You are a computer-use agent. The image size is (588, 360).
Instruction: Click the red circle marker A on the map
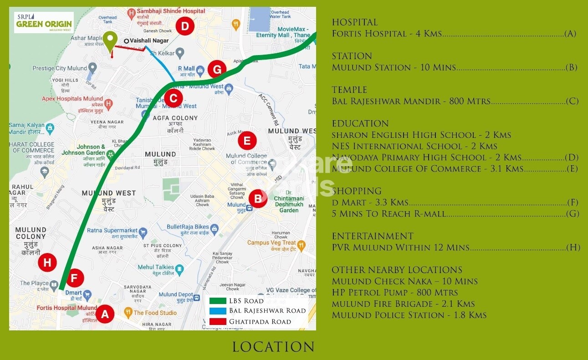click(x=105, y=314)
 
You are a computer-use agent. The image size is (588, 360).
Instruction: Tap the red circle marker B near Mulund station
click(x=258, y=198)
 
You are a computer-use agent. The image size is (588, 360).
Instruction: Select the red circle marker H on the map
click(x=47, y=262)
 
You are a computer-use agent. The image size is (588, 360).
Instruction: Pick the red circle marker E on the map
click(x=247, y=141)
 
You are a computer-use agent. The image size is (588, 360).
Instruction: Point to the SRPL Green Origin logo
click(x=44, y=22)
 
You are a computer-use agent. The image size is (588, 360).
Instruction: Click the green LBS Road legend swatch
click(x=217, y=301)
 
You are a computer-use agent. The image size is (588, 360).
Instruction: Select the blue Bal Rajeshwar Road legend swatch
click(x=217, y=311)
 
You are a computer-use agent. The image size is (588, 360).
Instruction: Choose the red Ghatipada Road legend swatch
click(x=217, y=321)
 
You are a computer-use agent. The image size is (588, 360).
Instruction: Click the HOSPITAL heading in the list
click(x=355, y=22)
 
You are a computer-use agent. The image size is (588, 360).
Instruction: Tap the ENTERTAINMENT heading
click(x=373, y=236)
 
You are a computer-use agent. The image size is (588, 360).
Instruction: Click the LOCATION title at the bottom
click(x=273, y=347)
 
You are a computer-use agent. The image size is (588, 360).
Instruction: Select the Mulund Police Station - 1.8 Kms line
click(x=409, y=315)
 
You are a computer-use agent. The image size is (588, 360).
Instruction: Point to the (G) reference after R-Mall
click(x=572, y=213)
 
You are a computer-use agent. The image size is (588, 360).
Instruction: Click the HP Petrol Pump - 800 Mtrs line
click(x=395, y=293)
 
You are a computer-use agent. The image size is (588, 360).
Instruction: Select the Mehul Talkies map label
click(x=156, y=267)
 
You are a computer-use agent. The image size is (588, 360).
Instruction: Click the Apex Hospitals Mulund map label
click(x=72, y=99)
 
